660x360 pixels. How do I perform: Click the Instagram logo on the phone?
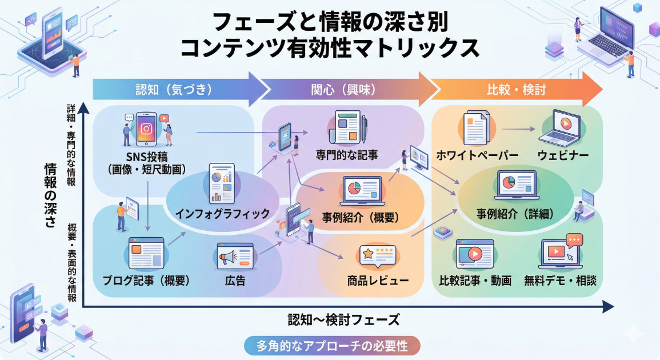click(146, 129)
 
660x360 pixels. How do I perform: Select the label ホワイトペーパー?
click(477, 155)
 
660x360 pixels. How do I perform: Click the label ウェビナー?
click(563, 155)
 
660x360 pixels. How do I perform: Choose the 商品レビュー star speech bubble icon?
click(378, 257)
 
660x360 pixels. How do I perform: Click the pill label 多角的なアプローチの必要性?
click(332, 345)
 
